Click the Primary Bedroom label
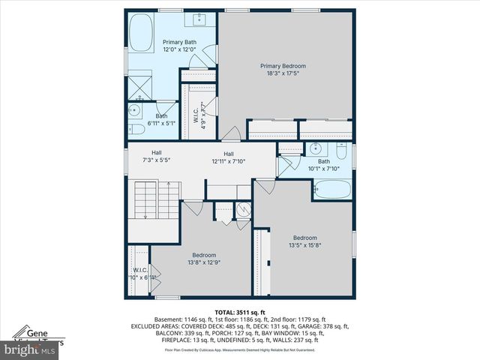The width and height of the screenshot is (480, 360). click(x=283, y=66)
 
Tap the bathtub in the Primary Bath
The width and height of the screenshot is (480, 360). click(x=140, y=35)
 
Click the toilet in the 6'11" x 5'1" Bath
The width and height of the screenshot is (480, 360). click(x=137, y=129)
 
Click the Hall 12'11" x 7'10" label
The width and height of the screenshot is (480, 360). click(x=228, y=157)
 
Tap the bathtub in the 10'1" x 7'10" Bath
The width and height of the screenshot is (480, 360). click(x=331, y=190)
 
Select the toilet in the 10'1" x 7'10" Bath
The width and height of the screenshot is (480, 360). click(x=342, y=154)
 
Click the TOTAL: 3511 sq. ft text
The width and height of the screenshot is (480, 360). click(x=239, y=311)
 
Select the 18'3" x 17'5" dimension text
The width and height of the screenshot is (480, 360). click(x=283, y=73)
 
